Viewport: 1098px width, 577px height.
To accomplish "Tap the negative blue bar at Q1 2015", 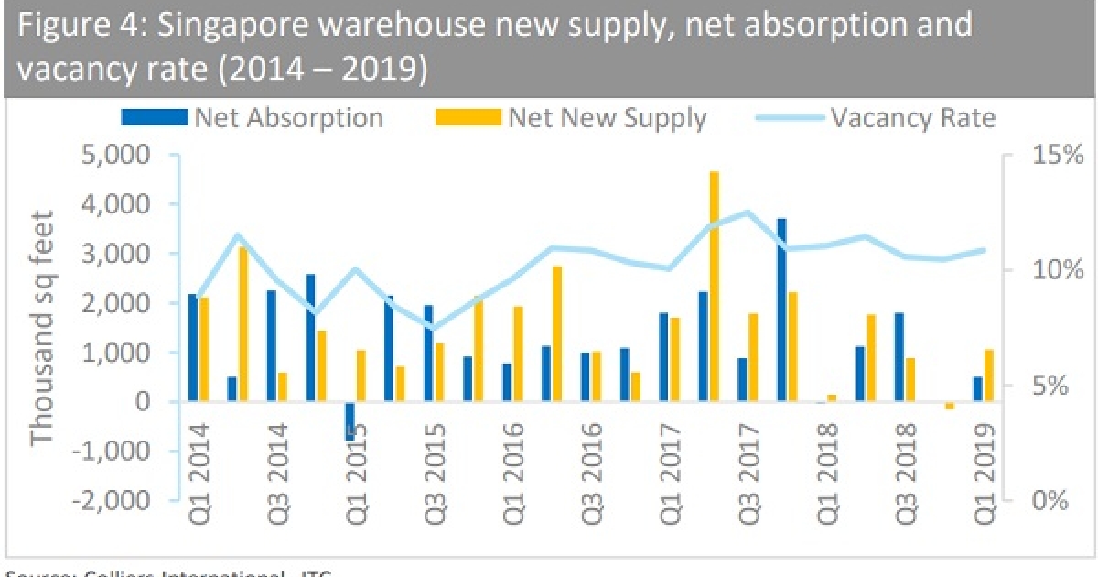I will click(350, 421).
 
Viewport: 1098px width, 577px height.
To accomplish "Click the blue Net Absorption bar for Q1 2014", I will click(192, 348).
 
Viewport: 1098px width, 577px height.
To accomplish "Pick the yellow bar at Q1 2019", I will click(988, 376).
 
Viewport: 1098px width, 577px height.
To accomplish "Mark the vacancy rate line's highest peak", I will click(748, 212).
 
